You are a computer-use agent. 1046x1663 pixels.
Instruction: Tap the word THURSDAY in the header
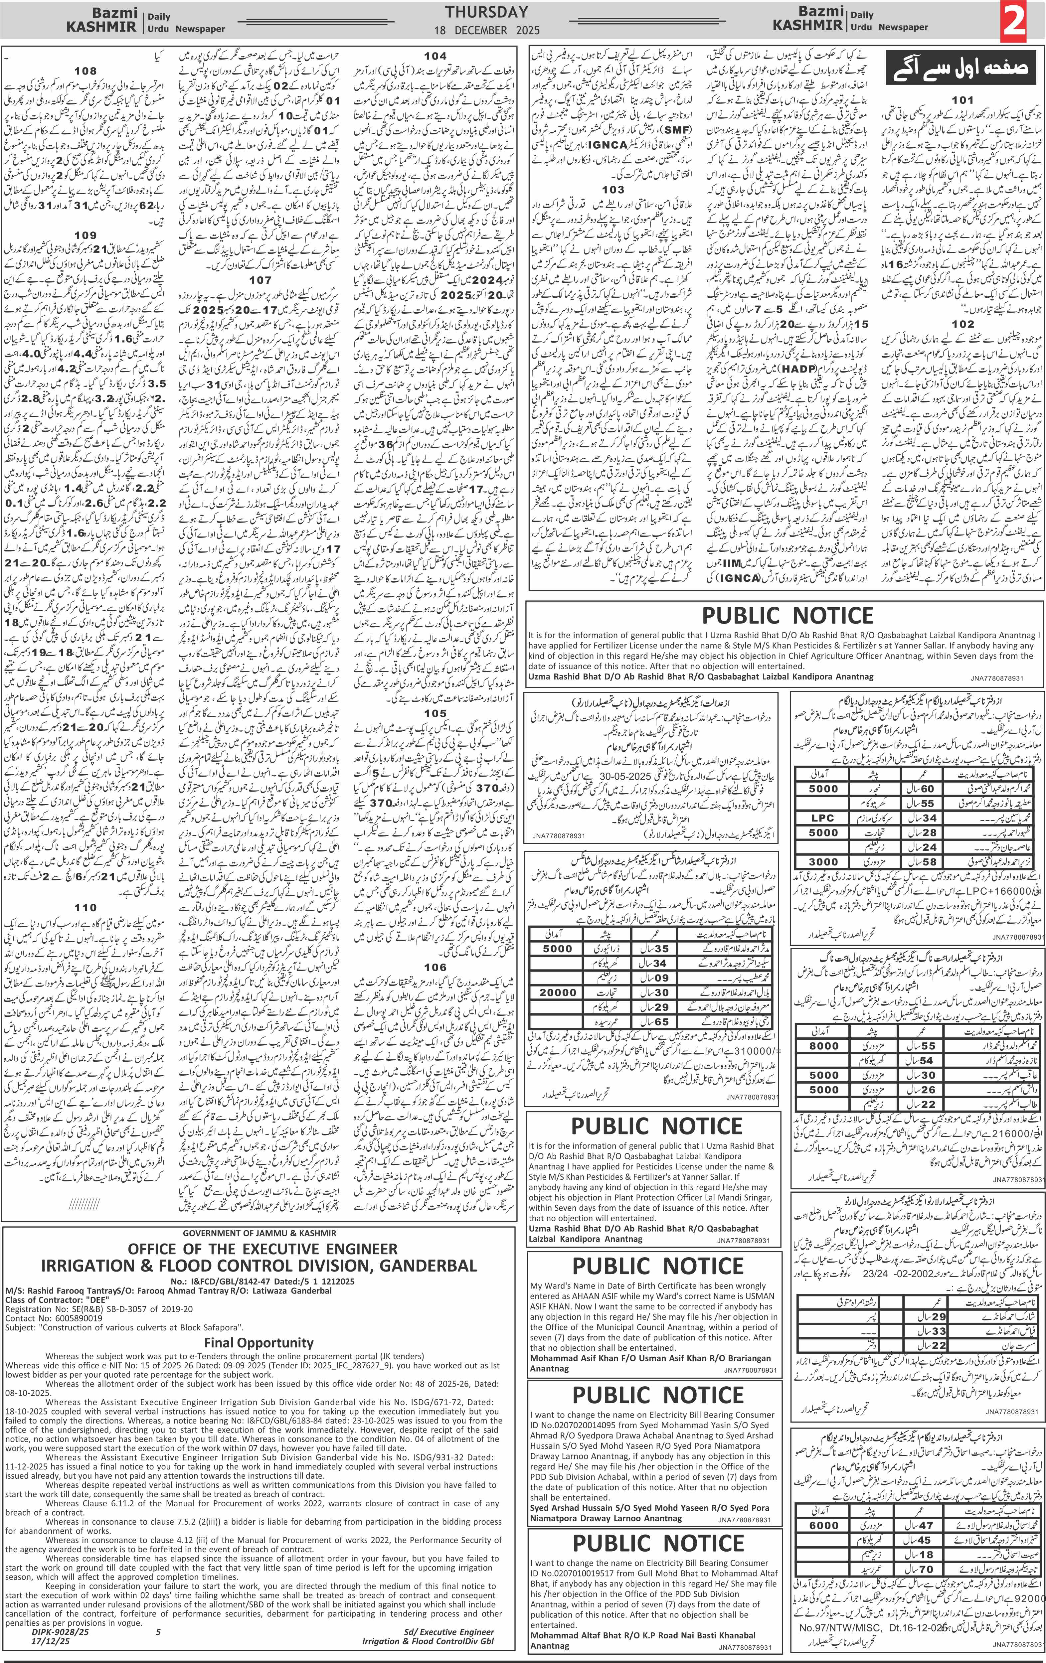[486, 12]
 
